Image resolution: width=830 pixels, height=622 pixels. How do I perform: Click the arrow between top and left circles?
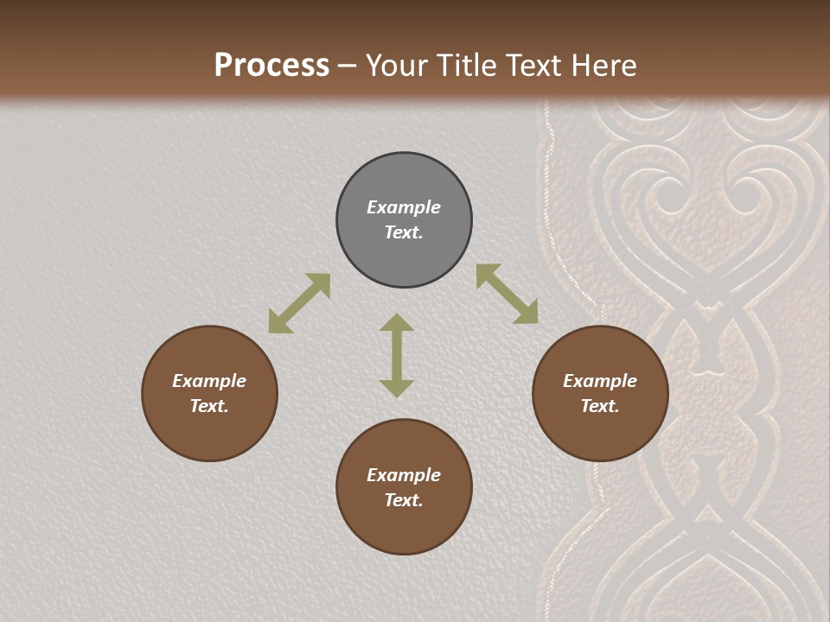(299, 303)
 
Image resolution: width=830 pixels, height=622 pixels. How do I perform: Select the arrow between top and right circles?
(507, 294)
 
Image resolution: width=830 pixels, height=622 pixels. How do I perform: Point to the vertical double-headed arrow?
(397, 355)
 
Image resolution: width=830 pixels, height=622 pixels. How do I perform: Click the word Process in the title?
(271, 65)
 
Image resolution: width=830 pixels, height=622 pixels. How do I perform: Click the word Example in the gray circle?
(404, 207)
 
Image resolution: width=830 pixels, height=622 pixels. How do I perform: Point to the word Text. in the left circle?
(209, 406)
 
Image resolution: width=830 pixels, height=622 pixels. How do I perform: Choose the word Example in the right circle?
(600, 381)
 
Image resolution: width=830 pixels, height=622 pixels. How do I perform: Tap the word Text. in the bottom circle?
(404, 500)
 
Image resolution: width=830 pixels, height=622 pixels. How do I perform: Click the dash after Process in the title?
(348, 66)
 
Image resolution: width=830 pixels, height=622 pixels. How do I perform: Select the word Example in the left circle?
(209, 381)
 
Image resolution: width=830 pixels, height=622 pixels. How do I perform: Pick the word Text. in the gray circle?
(404, 232)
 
